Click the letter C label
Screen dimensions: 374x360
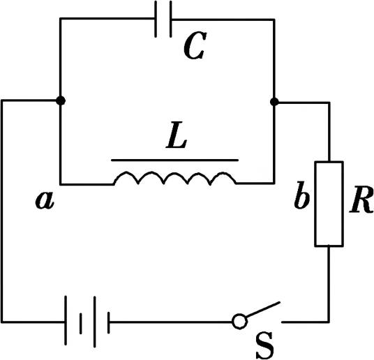(195, 45)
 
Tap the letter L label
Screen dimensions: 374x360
(177, 135)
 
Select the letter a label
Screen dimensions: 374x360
(45, 200)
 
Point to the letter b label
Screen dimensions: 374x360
(301, 195)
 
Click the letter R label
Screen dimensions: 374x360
(361, 200)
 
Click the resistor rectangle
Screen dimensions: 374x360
(329, 204)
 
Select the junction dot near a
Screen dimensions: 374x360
(61, 100)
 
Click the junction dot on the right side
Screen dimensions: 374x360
(274, 102)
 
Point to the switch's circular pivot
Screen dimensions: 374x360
(239, 322)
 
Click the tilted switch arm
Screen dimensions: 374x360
(263, 310)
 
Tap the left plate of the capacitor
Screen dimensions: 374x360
(156, 19)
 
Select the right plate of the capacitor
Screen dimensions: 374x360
(170, 19)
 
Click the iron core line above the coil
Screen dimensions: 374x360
(175, 160)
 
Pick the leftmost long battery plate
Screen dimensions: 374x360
(66, 320)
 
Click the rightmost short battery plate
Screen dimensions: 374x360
(109, 323)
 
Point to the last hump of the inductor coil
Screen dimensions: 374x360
(223, 177)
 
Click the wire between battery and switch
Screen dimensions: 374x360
(171, 322)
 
